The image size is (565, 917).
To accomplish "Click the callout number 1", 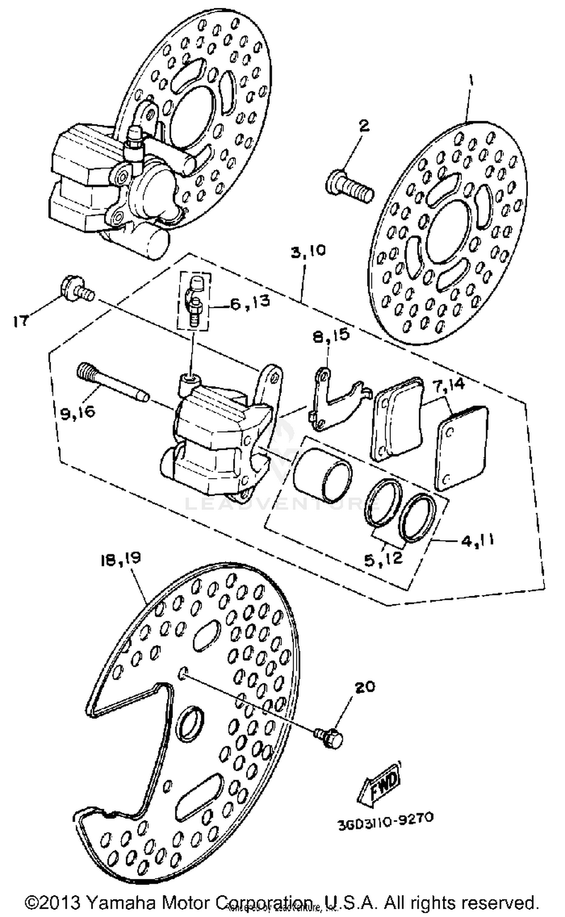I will (x=471, y=79).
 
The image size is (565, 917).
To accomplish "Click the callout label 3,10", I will (x=308, y=251).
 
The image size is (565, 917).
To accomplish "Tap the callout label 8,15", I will (x=330, y=334).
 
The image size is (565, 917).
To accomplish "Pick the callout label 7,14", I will (x=450, y=385).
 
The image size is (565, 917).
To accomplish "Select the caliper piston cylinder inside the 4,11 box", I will (x=322, y=475).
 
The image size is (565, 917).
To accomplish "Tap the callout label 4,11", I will (x=476, y=540).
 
